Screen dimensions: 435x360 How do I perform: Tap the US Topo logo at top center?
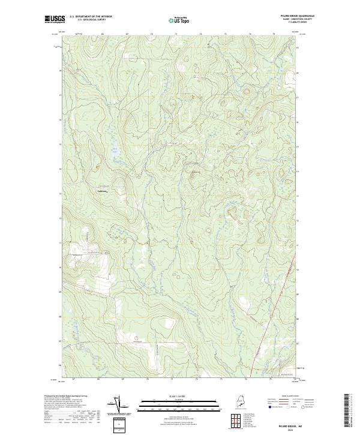click(x=180, y=20)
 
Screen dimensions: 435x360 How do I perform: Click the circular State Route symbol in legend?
click(x=303, y=406)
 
